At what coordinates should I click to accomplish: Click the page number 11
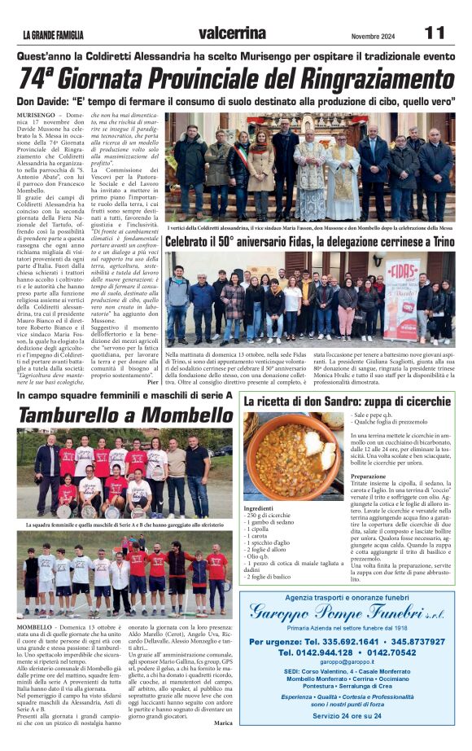pyautogui.click(x=435, y=33)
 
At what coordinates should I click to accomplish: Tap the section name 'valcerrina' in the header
pyautogui.click(x=231, y=33)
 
